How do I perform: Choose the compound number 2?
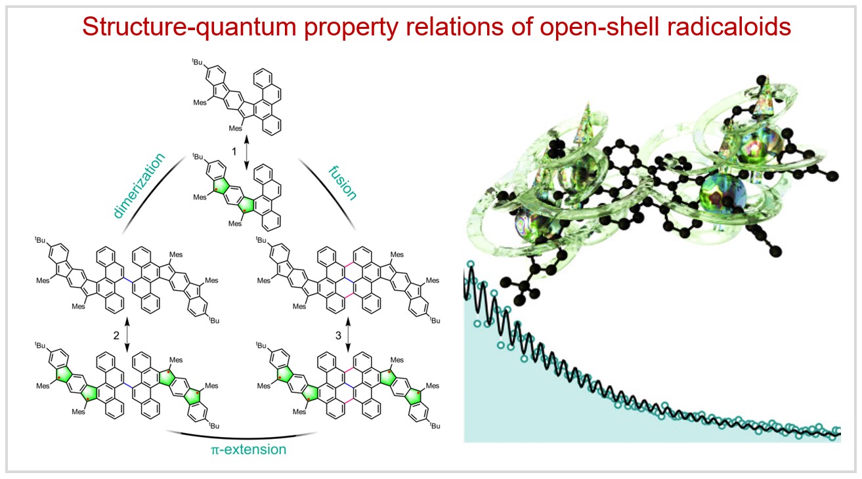click(116, 335)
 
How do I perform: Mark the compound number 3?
click(338, 335)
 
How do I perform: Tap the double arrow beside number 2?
click(126, 335)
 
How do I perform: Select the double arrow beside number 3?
click(348, 335)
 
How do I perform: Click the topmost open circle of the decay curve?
click(470, 264)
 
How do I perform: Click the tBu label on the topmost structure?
click(196, 62)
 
